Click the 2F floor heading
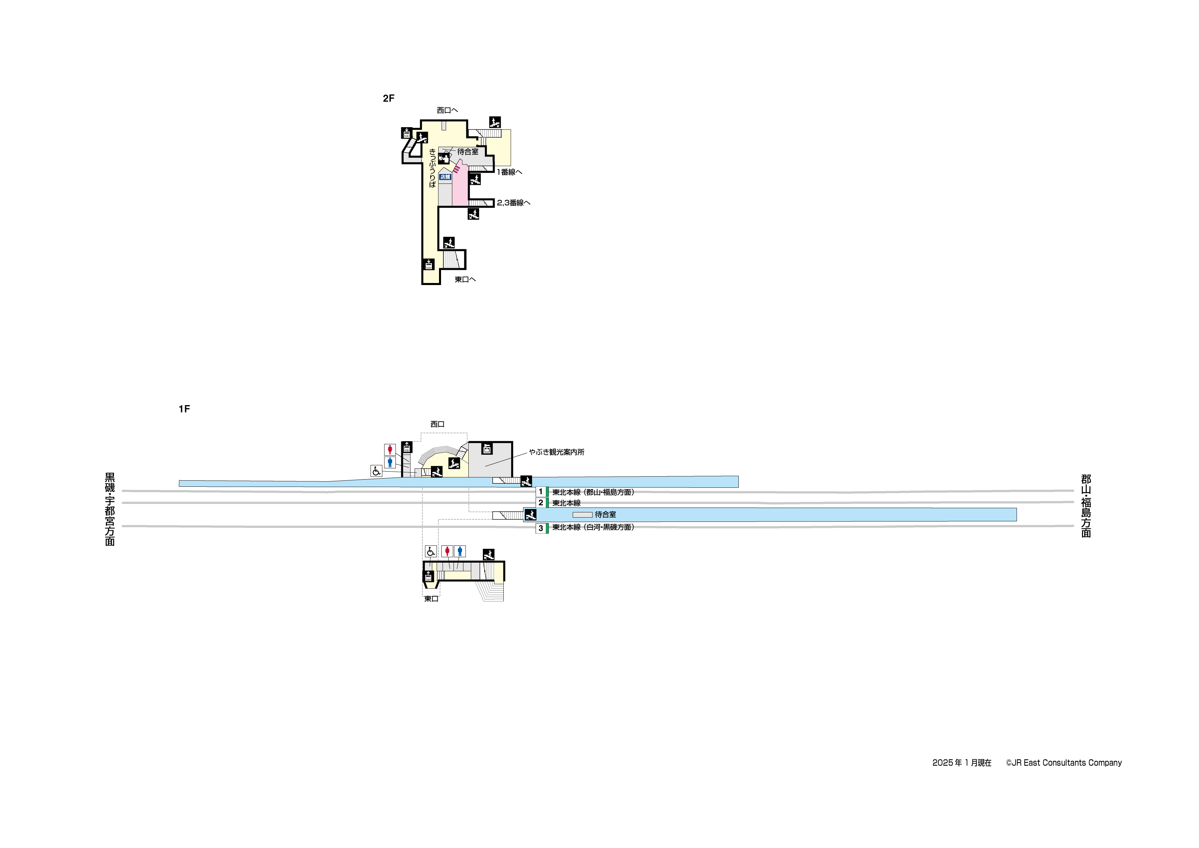388,98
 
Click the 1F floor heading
184,409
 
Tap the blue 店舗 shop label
445,177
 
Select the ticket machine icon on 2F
444,158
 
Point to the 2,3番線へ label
513,203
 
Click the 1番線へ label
509,172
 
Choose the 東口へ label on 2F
465,280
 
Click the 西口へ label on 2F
447,110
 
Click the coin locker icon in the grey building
487,448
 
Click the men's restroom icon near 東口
460,551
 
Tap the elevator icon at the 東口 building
428,577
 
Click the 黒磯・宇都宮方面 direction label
110,509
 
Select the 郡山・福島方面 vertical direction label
1086,505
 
